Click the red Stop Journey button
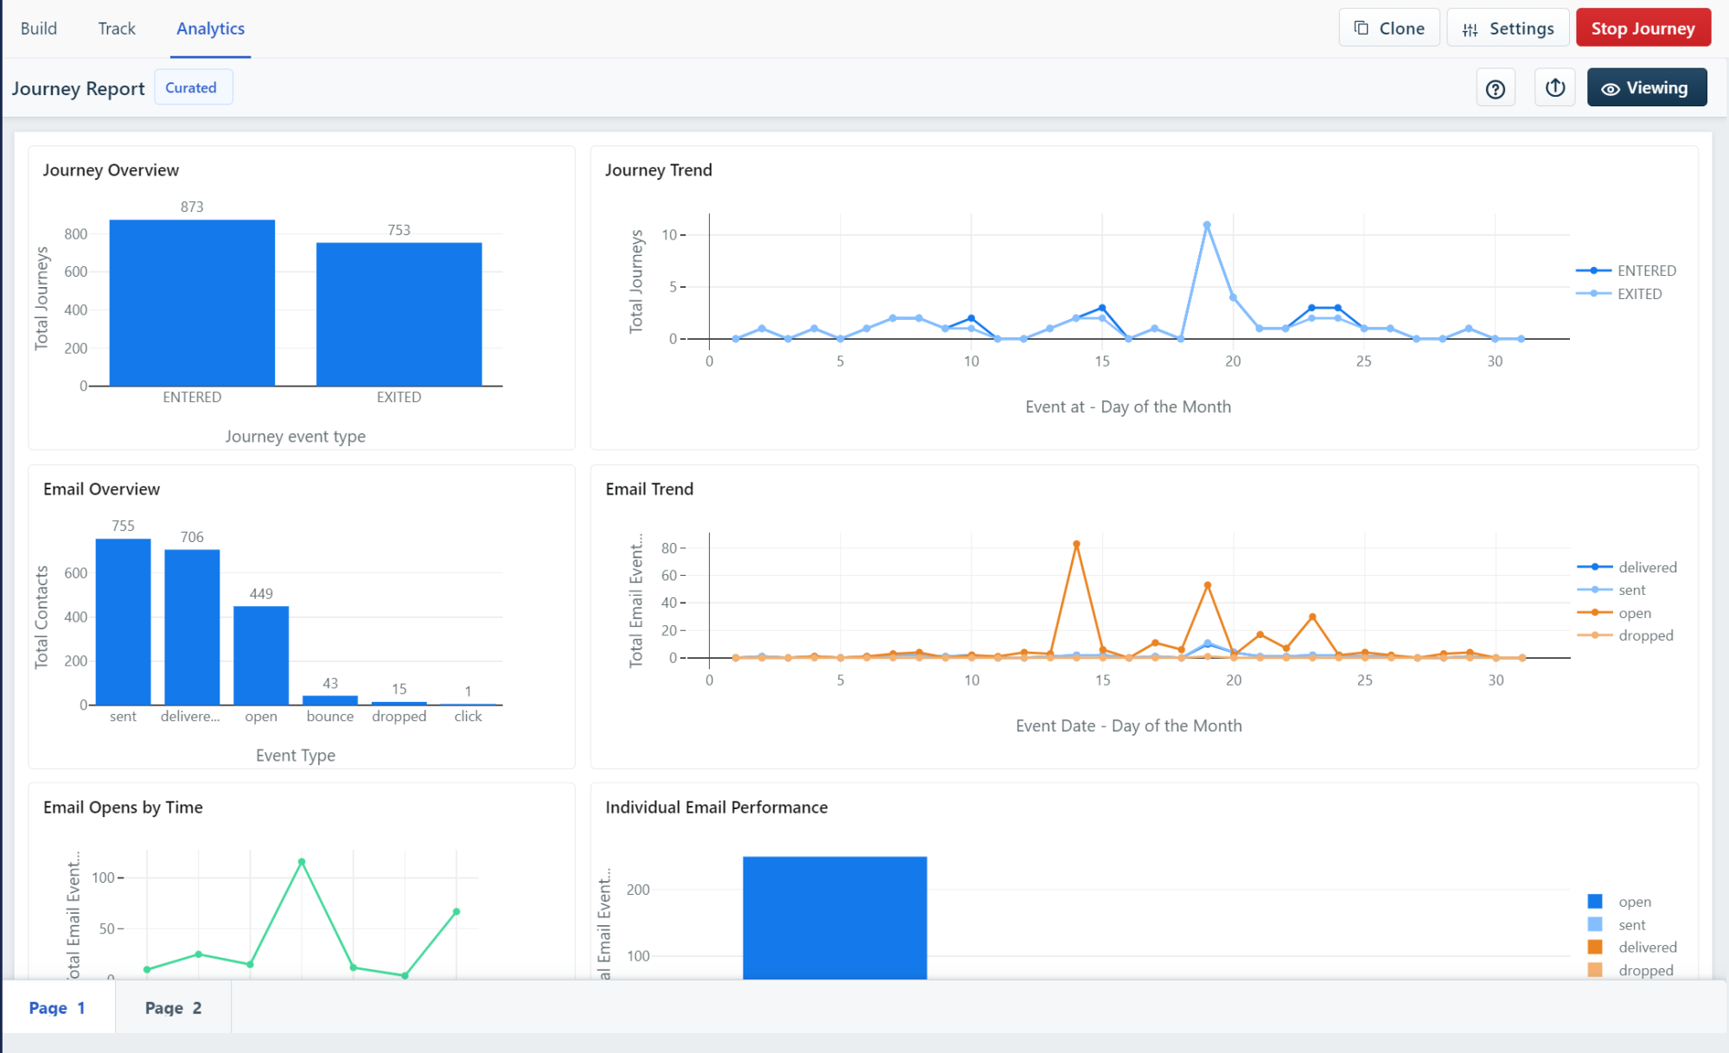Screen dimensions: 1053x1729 coord(1643,29)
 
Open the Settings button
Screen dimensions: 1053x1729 coord(1508,29)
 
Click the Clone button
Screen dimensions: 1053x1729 coord(1388,29)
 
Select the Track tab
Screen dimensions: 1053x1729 coord(117,29)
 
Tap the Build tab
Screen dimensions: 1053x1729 coord(39,29)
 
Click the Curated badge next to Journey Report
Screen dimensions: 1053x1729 coord(191,87)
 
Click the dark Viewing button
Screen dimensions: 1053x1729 coord(1646,88)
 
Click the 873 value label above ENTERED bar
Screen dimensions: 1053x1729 coord(192,207)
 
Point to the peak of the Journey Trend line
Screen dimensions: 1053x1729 coord(1207,226)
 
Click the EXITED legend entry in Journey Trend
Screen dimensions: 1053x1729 coord(1638,294)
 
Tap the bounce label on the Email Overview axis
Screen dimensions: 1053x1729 coord(330,717)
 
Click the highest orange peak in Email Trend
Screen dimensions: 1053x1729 coord(1076,545)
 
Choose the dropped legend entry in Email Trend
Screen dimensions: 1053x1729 coord(1645,635)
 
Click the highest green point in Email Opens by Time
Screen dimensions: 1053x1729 coord(302,862)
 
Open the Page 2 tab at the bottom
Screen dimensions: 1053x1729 coord(173,1008)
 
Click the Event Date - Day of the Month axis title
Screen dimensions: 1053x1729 coord(1128,726)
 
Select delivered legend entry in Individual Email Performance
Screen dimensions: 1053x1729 coord(1647,948)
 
